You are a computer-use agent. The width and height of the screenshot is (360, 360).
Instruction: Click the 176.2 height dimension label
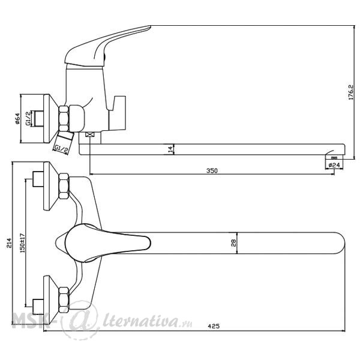coord(351,92)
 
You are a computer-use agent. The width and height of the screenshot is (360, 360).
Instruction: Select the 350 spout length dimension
coord(212,170)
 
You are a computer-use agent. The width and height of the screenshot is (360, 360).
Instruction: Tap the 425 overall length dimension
coord(214,326)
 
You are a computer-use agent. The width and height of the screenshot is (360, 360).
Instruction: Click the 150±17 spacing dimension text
coord(23,243)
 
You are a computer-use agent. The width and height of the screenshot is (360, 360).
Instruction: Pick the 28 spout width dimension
coord(233,243)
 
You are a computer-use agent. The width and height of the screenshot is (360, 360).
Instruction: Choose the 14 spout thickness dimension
coord(170,149)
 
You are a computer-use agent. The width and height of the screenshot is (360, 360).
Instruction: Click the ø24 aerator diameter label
coord(334,165)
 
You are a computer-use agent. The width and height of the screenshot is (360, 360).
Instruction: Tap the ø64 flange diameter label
coord(17,119)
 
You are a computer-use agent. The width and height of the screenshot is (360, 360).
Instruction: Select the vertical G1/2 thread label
coord(28,119)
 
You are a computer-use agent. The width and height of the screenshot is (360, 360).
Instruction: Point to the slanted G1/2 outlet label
coord(61,149)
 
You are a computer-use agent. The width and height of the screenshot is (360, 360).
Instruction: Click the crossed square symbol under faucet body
coord(90,134)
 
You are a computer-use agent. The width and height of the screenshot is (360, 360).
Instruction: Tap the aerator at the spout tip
coord(334,157)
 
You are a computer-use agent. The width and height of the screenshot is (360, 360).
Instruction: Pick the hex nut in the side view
coord(64,119)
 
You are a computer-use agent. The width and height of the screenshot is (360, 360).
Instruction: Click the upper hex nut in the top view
coord(64,186)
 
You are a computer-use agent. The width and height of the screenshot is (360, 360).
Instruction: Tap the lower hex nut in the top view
coord(64,300)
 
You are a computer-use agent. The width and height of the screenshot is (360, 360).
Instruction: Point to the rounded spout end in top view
coord(340,243)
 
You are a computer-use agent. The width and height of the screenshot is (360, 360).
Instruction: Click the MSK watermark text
coord(30,320)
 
